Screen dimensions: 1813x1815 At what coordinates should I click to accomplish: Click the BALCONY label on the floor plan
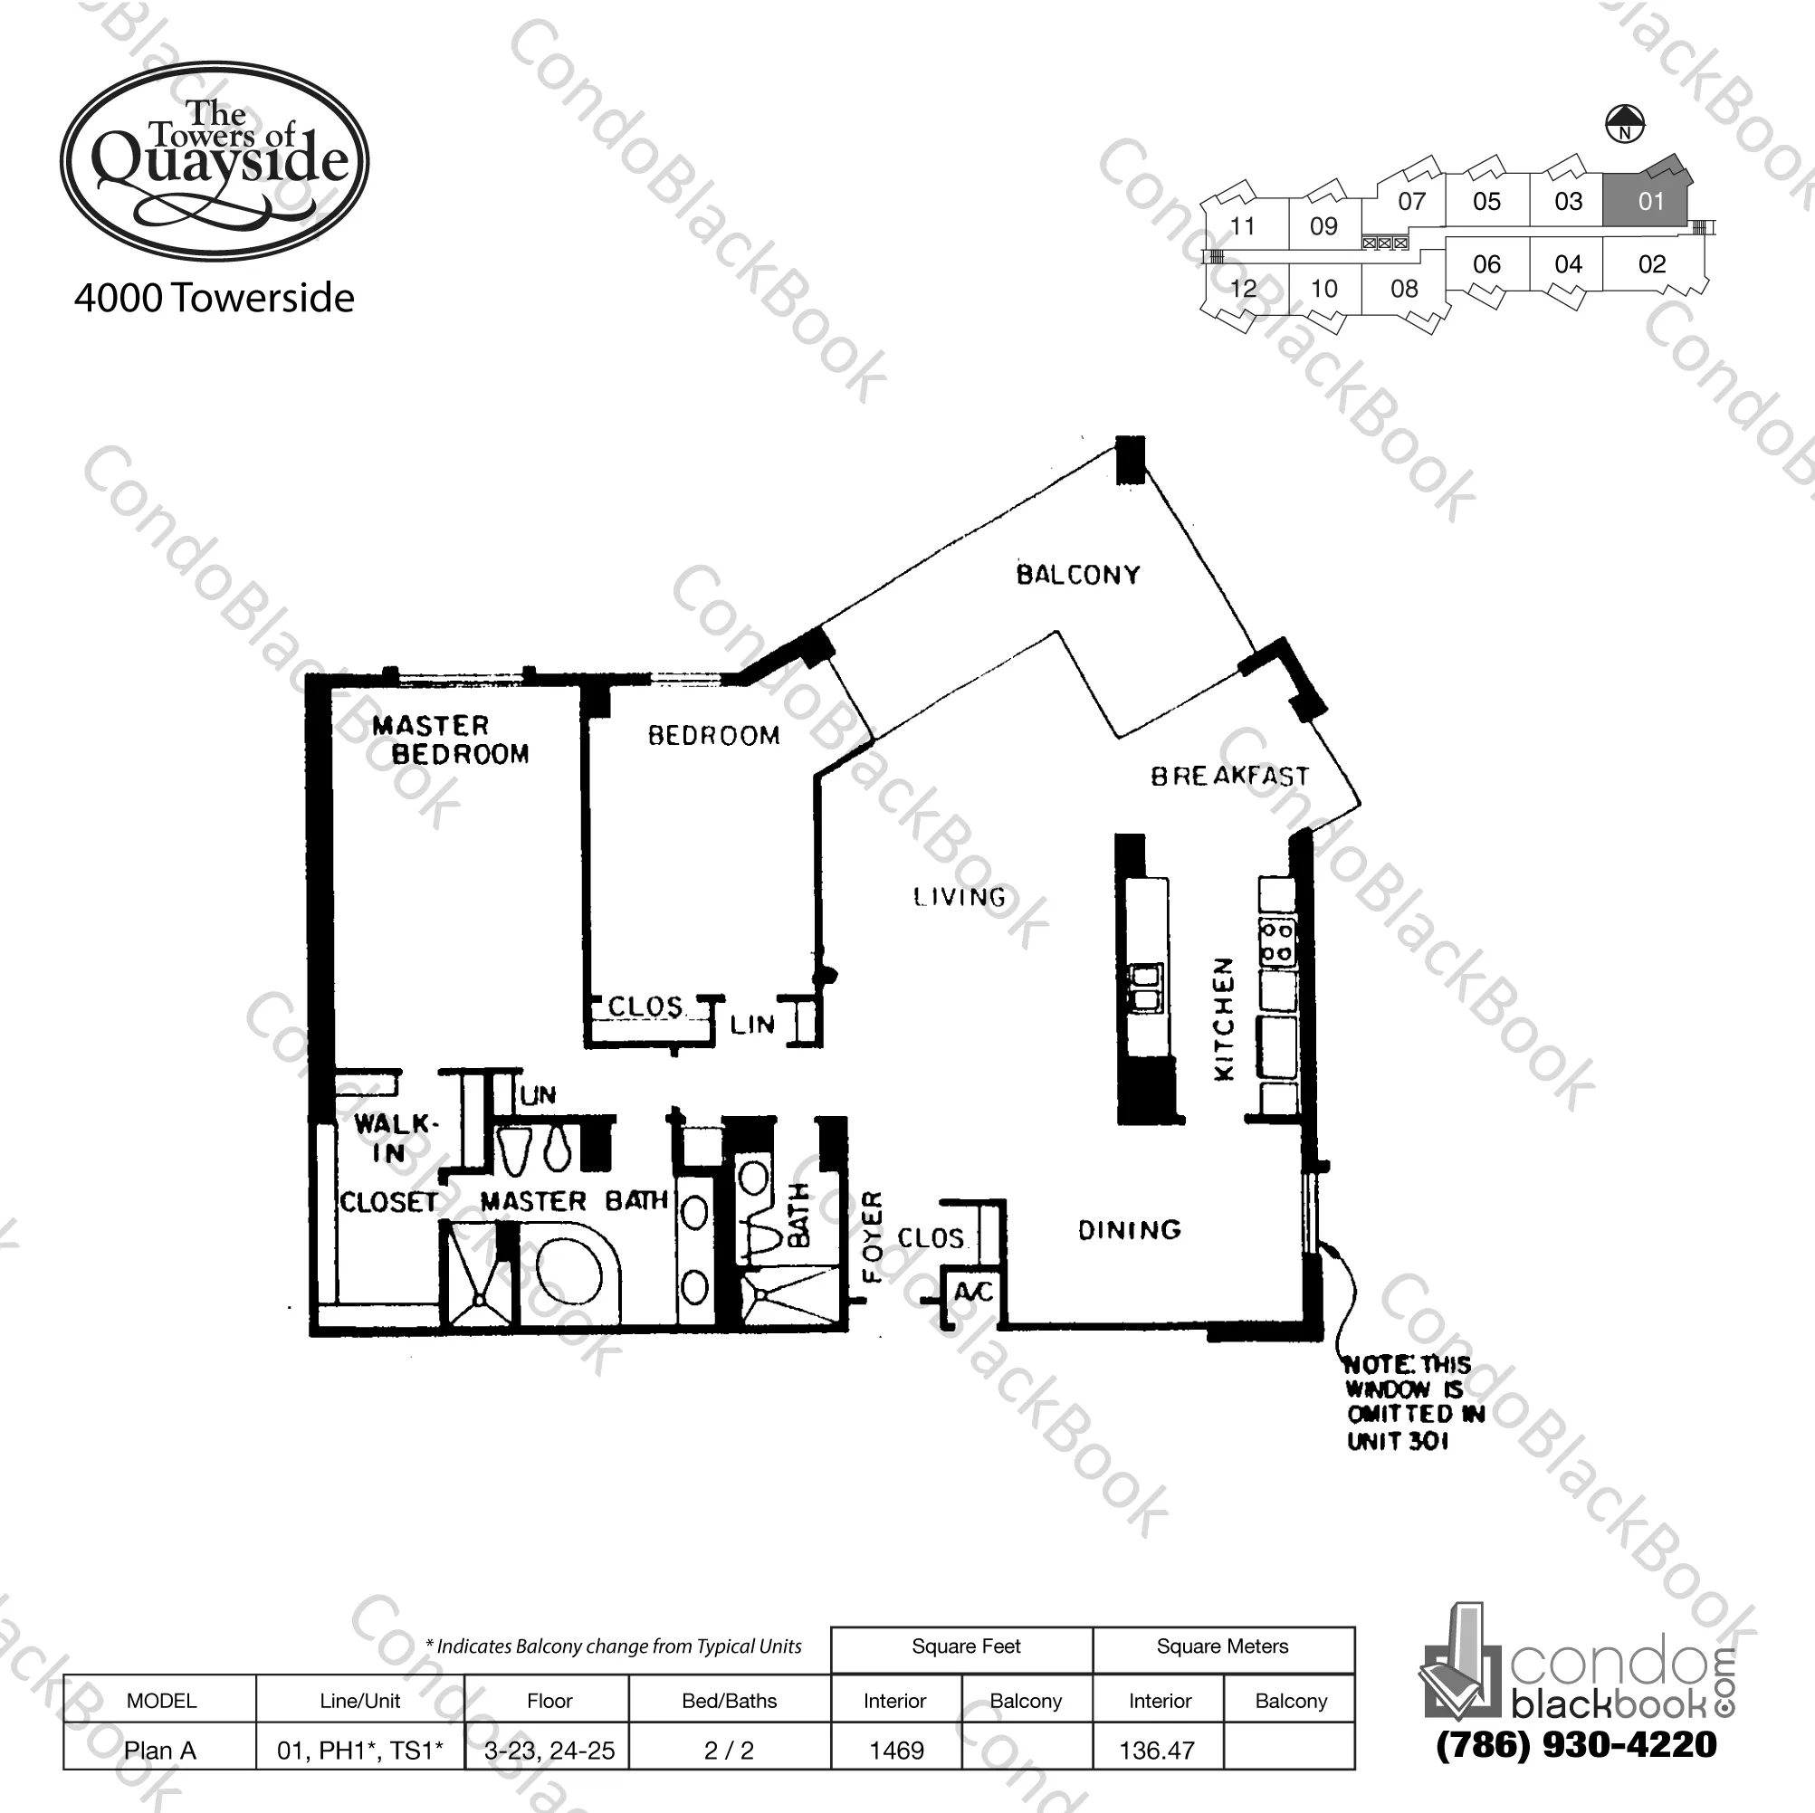click(x=1077, y=575)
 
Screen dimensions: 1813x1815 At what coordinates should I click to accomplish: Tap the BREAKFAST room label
click(x=1228, y=776)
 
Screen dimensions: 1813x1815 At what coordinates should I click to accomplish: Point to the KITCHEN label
click(x=1223, y=1018)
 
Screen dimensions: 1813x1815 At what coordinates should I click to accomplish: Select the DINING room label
click(x=1129, y=1230)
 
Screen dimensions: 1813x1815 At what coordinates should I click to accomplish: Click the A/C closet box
click(x=972, y=1293)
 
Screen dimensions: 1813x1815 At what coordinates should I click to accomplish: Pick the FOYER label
click(x=873, y=1236)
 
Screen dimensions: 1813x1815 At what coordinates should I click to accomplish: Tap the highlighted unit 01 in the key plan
click(x=1649, y=201)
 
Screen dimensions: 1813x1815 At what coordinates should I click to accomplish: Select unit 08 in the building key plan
click(x=1403, y=289)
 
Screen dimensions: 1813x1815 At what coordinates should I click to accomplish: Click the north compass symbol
click(x=1624, y=124)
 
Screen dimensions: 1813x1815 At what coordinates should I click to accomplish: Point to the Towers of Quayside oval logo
click(x=215, y=162)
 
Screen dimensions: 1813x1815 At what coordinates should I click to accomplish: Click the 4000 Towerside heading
click(x=215, y=298)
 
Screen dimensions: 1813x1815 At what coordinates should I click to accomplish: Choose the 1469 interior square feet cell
click(x=896, y=1750)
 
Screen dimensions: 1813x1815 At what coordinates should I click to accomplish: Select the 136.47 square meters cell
click(x=1157, y=1750)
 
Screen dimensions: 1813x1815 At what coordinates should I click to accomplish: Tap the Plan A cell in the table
click(x=160, y=1750)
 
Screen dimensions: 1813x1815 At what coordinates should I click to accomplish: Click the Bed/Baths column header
click(x=729, y=1700)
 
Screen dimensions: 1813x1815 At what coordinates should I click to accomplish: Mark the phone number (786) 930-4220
click(x=1575, y=1744)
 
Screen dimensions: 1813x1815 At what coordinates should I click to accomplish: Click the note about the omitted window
click(x=1412, y=1402)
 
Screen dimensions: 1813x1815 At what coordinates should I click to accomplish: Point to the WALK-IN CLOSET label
click(x=389, y=1162)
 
